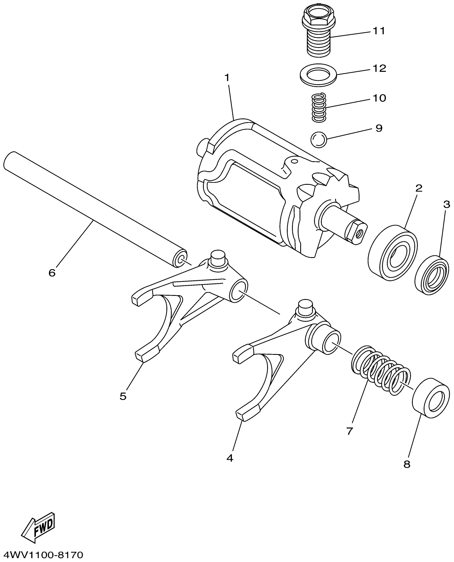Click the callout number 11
point(379,31)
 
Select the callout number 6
point(52,273)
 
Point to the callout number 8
point(407,464)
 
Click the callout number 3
point(447,205)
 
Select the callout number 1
point(227,78)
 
